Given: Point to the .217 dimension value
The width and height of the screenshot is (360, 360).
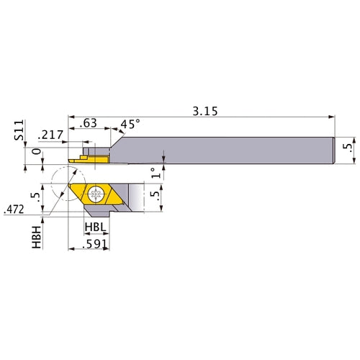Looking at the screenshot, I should (52, 134).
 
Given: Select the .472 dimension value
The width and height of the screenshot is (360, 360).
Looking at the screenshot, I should (14, 210).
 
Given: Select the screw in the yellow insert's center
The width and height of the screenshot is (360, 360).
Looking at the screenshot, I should (96, 193).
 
